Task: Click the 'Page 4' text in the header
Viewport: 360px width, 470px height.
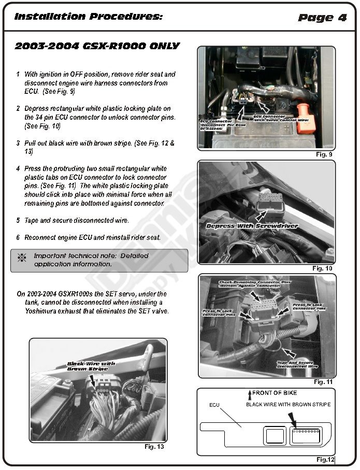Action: click(322, 18)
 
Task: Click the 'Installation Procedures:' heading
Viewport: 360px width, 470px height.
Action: click(89, 17)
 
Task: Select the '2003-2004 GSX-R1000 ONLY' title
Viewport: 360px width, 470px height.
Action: click(97, 46)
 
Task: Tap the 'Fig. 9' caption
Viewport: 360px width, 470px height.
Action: click(324, 154)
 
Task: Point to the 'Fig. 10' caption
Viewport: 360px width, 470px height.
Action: click(322, 268)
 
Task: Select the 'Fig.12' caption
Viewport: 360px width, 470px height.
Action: click(326, 459)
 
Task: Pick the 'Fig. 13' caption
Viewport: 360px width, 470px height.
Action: click(154, 446)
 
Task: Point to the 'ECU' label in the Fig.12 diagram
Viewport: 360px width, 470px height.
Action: click(215, 405)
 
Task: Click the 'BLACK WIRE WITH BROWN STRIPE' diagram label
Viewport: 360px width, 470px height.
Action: click(288, 404)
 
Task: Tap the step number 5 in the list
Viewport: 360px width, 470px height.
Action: click(18, 220)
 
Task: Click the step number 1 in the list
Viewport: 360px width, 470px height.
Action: click(18, 75)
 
